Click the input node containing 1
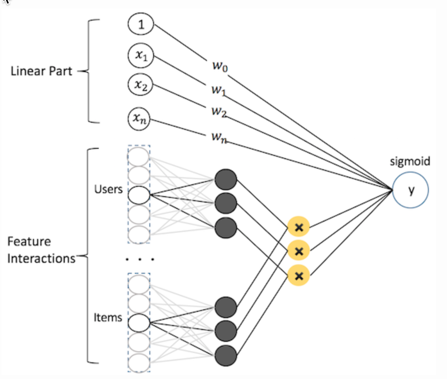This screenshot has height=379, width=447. (x=141, y=25)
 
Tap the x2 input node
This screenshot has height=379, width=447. (x=141, y=86)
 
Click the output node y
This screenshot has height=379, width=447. (x=411, y=190)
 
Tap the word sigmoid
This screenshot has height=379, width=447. (x=410, y=161)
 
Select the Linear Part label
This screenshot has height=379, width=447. (x=41, y=72)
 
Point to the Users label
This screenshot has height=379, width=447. (x=109, y=189)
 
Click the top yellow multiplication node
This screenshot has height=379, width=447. (x=299, y=227)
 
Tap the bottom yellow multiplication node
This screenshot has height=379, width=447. (x=299, y=275)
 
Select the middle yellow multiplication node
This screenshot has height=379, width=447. (x=299, y=250)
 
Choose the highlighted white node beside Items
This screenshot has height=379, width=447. (x=139, y=322)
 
